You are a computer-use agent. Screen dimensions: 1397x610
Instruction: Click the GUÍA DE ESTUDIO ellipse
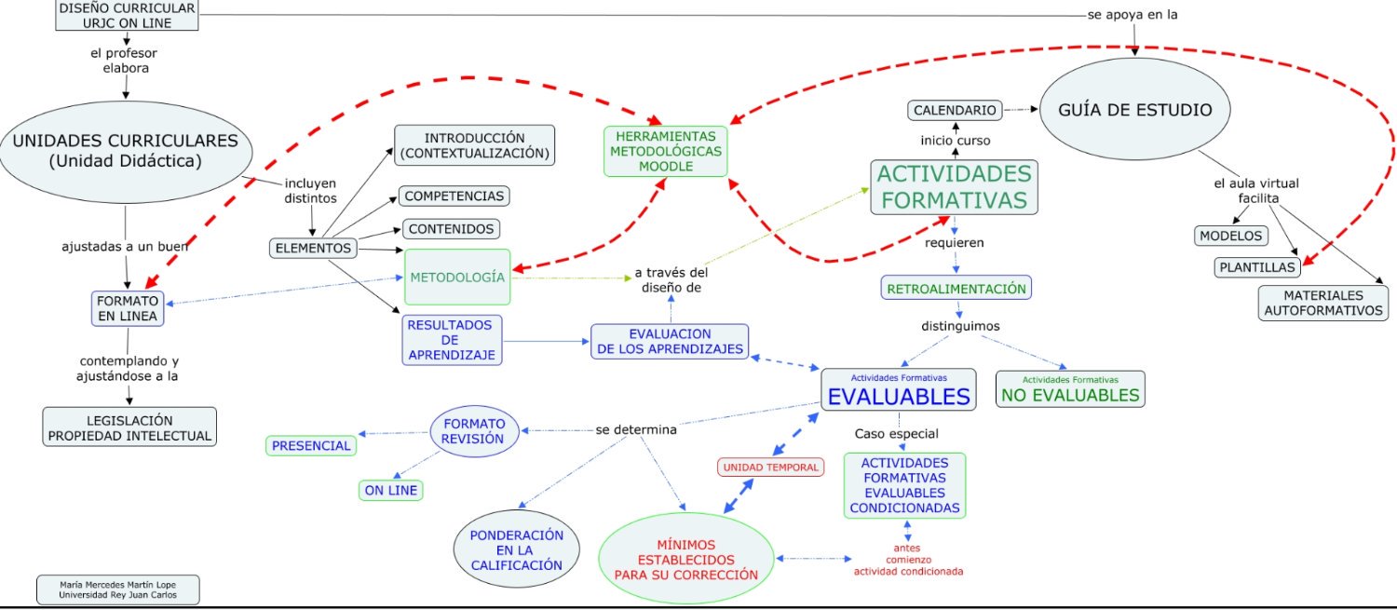pyautogui.click(x=1134, y=109)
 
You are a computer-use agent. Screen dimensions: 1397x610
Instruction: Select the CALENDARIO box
pyautogui.click(x=955, y=111)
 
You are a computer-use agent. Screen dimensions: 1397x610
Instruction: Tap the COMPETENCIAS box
pyautogui.click(x=454, y=196)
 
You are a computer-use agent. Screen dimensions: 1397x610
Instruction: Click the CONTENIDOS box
pyautogui.click(x=451, y=229)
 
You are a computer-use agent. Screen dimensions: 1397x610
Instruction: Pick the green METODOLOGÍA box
pyautogui.click(x=457, y=277)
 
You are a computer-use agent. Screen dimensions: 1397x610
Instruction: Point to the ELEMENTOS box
pyautogui.click(x=313, y=248)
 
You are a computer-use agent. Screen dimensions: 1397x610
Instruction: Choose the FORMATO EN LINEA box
pyautogui.click(x=128, y=308)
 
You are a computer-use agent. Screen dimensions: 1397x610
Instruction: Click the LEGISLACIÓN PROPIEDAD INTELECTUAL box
pyautogui.click(x=129, y=427)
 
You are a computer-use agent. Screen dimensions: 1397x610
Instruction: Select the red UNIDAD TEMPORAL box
pyautogui.click(x=770, y=468)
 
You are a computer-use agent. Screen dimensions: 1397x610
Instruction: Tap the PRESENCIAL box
pyautogui.click(x=311, y=445)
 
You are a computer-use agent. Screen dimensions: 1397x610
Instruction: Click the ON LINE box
pyautogui.click(x=391, y=490)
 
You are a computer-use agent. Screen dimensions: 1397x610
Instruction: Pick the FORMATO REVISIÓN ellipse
pyautogui.click(x=474, y=431)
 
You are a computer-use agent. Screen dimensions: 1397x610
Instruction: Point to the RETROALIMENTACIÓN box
pyautogui.click(x=956, y=288)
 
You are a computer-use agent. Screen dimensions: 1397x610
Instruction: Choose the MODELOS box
pyautogui.click(x=1231, y=236)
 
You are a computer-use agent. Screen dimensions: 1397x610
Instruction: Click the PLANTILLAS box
pyautogui.click(x=1257, y=267)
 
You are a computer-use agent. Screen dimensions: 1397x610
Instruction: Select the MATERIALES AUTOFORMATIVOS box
pyautogui.click(x=1323, y=303)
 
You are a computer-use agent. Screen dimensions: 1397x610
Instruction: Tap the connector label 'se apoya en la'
pyautogui.click(x=1133, y=14)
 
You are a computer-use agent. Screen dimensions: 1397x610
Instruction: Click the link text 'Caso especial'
pyautogui.click(x=896, y=433)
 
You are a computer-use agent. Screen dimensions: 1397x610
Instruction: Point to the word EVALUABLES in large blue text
pyautogui.click(x=899, y=397)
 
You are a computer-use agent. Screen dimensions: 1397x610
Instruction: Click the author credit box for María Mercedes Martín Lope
pyautogui.click(x=118, y=590)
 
